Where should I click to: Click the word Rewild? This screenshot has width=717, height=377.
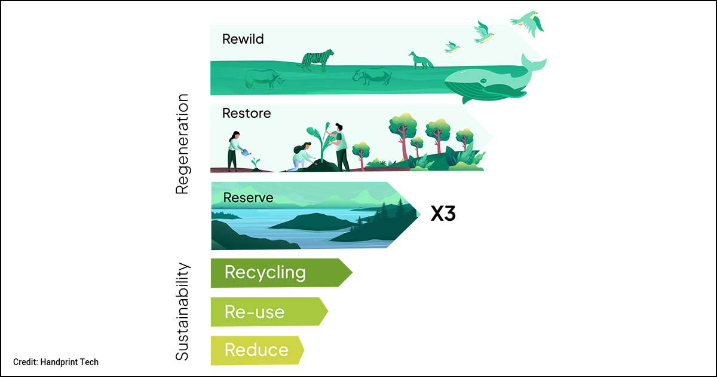coord(243,39)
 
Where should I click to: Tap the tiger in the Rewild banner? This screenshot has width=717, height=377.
coord(317,60)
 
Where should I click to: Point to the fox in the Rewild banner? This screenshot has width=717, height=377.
coord(420,60)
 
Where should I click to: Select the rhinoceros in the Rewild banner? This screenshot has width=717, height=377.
coord(264,78)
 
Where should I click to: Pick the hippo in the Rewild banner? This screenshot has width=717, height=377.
coord(372,76)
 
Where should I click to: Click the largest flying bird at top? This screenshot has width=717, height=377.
coord(529,23)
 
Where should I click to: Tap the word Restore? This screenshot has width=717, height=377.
coord(246,113)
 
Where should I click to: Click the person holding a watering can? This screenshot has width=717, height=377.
coord(234,150)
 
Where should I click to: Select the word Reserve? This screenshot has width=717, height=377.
coord(248,197)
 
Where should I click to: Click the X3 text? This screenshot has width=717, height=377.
coord(443,214)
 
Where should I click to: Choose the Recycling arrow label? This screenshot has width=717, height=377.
coord(265,273)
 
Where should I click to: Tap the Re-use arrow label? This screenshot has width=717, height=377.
coord(255,312)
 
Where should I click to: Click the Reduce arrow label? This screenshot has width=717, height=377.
coord(256,350)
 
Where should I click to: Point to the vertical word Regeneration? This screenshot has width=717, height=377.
coord(182,144)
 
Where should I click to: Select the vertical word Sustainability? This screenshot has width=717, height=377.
coord(182,311)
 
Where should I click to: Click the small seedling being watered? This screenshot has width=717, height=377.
coord(256,162)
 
